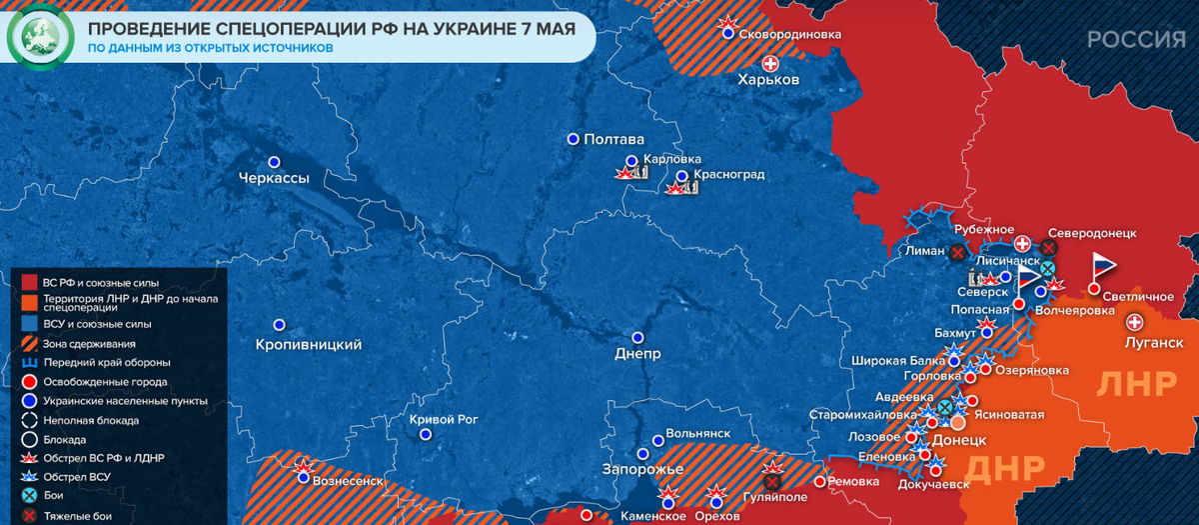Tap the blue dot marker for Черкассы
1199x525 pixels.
pyautogui.click(x=274, y=162)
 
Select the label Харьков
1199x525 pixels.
pyautogui.click(x=767, y=80)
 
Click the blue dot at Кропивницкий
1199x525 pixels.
pyautogui.click(x=279, y=325)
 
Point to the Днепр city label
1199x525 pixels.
pyautogui.click(x=637, y=355)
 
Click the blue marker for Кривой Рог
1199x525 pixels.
pyautogui.click(x=427, y=435)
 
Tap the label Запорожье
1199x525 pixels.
pyautogui.click(x=641, y=469)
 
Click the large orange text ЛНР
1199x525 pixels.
pyautogui.click(x=1135, y=385)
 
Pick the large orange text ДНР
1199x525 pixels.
pyautogui.click(x=1007, y=467)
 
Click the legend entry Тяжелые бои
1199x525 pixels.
pyautogui.click(x=77, y=516)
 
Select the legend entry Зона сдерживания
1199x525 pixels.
pyautogui.click(x=91, y=343)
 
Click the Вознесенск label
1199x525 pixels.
pyautogui.click(x=349, y=480)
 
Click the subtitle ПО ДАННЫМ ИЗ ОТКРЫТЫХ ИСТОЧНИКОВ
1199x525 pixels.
pyautogui.click(x=209, y=47)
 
